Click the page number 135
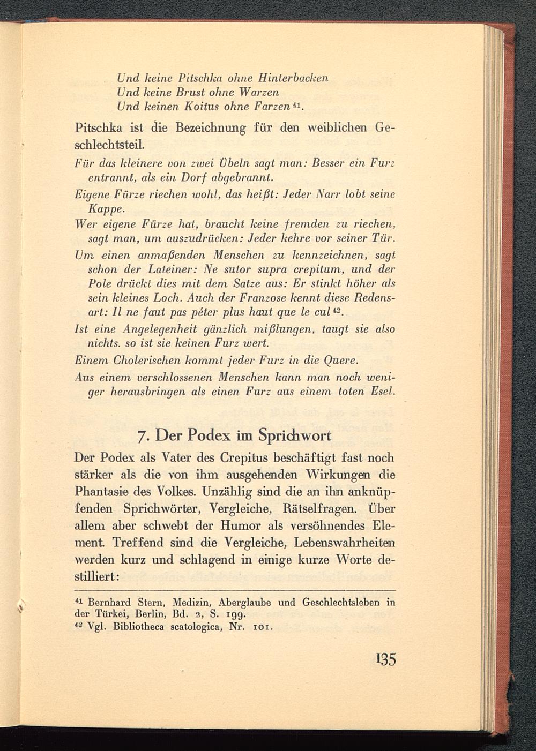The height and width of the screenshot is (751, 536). [386, 660]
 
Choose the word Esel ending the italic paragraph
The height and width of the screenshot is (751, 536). [383, 392]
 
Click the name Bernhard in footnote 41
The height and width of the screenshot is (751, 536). [107, 602]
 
